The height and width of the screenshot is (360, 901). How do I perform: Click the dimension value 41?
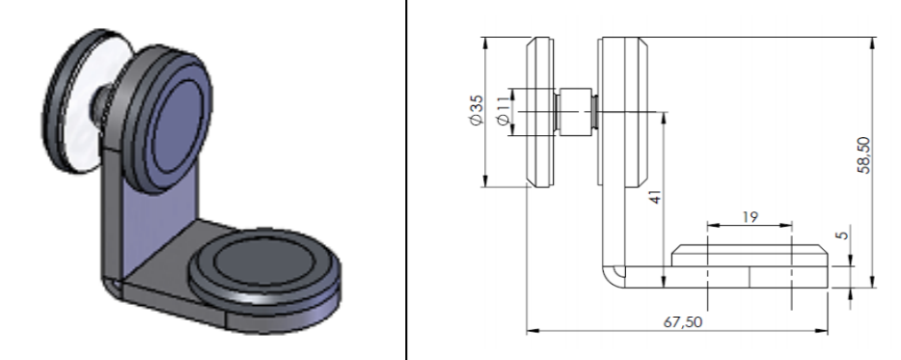click(x=655, y=197)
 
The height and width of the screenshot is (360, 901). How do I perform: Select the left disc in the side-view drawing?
click(x=540, y=112)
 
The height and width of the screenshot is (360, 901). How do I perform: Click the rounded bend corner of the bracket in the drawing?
click(x=612, y=276)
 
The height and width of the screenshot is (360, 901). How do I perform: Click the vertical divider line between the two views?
click(x=405, y=180)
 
